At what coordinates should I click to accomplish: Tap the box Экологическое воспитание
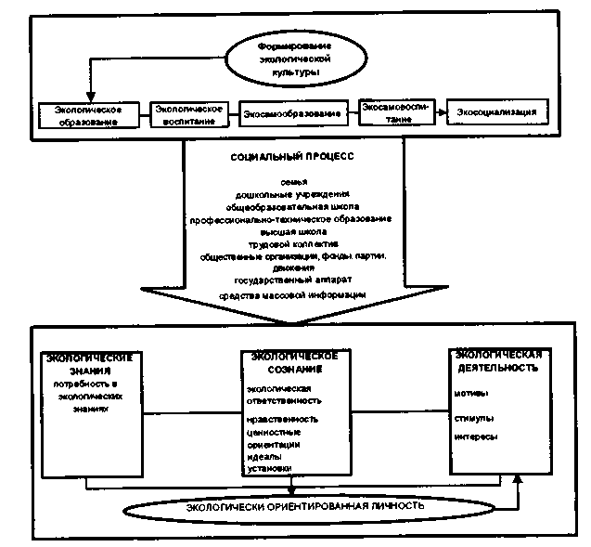coord(189,113)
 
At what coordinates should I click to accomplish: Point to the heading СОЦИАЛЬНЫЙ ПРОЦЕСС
coord(291,158)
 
